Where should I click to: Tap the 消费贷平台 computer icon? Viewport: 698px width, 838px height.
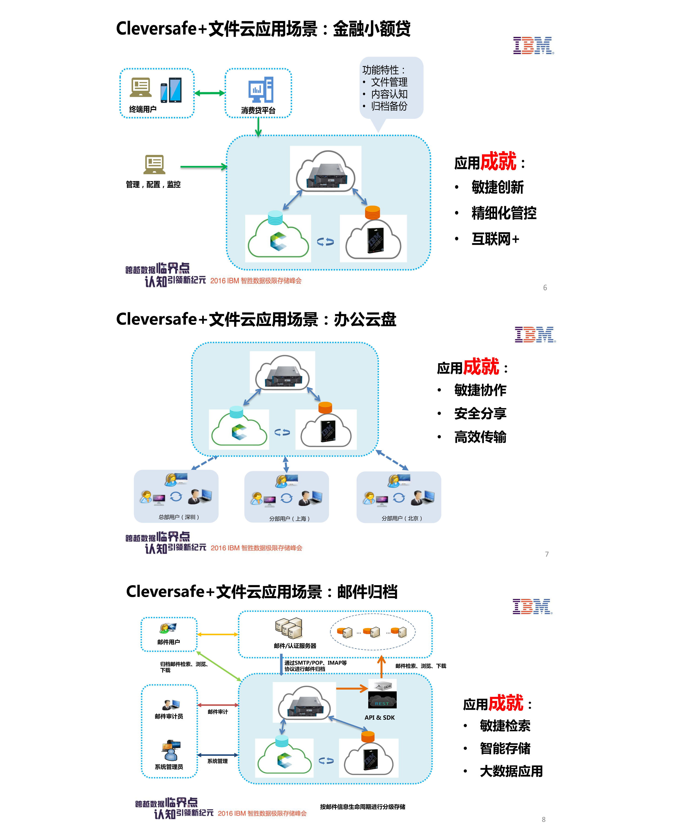point(261,90)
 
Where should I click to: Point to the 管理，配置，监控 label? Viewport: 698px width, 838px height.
point(153,184)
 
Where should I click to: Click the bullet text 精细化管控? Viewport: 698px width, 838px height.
point(504,213)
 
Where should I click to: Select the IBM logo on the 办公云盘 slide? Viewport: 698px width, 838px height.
point(535,335)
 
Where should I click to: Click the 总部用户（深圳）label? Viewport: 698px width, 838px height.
point(178,517)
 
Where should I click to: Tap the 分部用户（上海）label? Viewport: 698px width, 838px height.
point(289,519)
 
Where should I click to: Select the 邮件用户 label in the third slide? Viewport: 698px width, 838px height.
point(169,642)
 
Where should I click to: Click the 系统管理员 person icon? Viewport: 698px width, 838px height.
point(171,751)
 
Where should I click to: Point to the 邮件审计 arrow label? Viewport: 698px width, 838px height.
point(218,712)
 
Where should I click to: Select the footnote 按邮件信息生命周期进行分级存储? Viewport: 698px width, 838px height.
point(362,807)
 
